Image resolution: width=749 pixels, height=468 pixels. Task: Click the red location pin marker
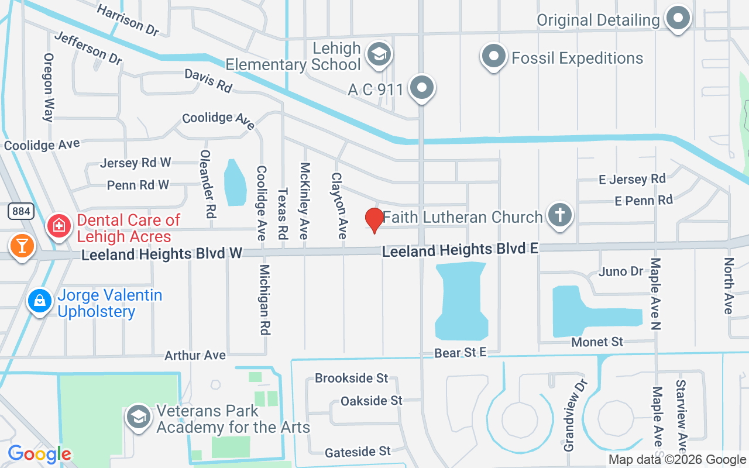(x=374, y=221)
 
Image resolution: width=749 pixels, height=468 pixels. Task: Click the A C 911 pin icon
(x=421, y=88)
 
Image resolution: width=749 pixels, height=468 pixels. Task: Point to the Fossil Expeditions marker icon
(x=493, y=57)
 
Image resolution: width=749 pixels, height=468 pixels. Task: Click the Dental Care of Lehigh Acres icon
(x=59, y=225)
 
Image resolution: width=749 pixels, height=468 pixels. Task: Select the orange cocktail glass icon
(x=22, y=245)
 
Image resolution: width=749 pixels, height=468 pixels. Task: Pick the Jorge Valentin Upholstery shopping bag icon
(x=40, y=301)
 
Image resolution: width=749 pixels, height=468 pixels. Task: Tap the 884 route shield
(x=20, y=211)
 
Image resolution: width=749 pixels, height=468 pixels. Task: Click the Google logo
(x=39, y=454)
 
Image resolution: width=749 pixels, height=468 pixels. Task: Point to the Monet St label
(x=597, y=342)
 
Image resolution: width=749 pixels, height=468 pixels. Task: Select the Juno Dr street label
(x=621, y=271)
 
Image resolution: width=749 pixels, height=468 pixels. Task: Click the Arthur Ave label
(x=195, y=355)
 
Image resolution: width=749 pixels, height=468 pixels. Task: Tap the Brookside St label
(x=351, y=378)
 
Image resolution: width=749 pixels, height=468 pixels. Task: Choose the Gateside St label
(x=358, y=451)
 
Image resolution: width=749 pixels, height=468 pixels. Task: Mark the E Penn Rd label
(x=644, y=200)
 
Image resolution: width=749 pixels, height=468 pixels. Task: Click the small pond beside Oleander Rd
(x=235, y=182)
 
